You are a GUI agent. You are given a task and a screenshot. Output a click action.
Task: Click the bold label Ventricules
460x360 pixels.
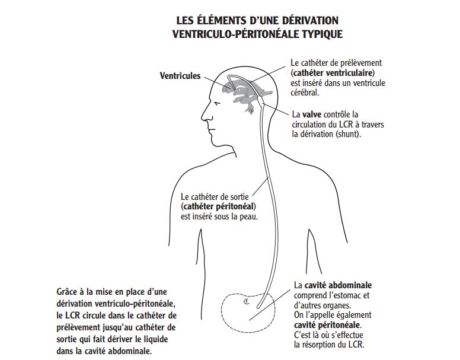180,76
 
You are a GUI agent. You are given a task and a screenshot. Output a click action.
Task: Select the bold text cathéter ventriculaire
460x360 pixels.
333,73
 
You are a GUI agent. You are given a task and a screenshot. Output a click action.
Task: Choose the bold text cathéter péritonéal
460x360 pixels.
219,206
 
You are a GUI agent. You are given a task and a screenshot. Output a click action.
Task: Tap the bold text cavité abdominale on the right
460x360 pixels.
338,285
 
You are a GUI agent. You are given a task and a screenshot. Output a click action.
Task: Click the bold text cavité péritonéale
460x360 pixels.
327,325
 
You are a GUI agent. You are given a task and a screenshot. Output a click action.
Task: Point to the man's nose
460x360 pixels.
204,116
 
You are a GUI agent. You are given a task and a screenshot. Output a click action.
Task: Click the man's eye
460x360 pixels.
216,104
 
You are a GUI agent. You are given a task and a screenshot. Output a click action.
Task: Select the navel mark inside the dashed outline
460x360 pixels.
247,301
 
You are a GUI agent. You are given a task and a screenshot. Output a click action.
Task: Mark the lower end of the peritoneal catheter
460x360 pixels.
258,307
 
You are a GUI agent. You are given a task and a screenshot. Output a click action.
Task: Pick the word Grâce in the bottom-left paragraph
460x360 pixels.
67,292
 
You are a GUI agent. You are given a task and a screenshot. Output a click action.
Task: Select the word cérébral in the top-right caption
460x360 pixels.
305,93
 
